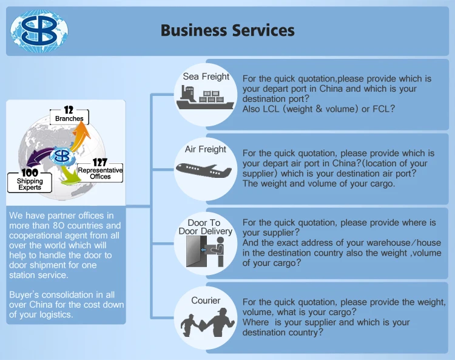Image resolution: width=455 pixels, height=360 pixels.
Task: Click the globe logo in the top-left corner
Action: coord(39,29)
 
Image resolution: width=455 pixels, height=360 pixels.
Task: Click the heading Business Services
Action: coord(227,30)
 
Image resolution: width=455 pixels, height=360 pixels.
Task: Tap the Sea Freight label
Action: coord(206,76)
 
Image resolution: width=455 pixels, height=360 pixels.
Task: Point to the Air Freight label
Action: coord(206,149)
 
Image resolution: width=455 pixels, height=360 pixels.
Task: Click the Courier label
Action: coord(206,301)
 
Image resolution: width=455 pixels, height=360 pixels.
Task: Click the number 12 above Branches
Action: coord(69,110)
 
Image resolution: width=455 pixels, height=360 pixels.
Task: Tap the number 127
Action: coord(99,163)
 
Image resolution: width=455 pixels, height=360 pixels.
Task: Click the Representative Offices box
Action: coord(101,173)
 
